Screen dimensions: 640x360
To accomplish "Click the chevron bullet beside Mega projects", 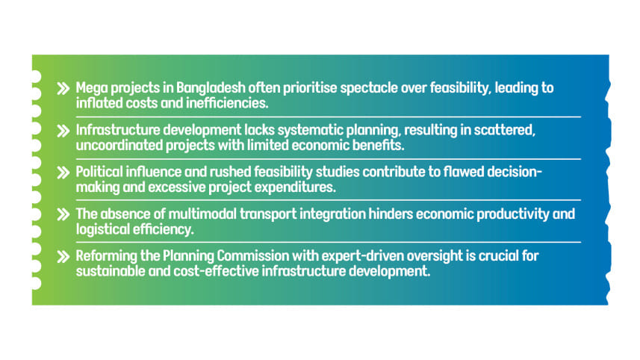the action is pos(63,89).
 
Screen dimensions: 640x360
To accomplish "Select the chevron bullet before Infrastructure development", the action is pos(63,131).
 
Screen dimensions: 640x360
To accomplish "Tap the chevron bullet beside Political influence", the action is pos(63,173).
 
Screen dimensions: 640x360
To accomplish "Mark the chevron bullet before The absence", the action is pos(63,214).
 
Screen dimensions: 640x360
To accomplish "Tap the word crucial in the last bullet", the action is pos(498,256).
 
